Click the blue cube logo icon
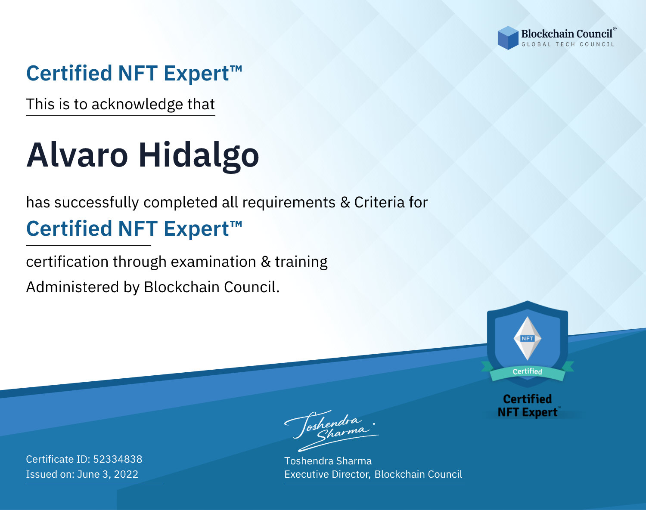[x=508, y=38]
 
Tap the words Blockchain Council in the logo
[x=567, y=34]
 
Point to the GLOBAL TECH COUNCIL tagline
[x=568, y=44]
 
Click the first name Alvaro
[x=77, y=155]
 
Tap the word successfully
[x=96, y=203]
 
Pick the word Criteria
[x=379, y=202]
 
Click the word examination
[x=213, y=262]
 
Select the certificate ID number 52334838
[x=118, y=459]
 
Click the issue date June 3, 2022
[x=108, y=474]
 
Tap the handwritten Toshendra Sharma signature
[x=332, y=430]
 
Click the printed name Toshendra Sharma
[x=328, y=461]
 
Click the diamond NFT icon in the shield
[x=528, y=338]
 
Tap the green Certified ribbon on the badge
[x=528, y=372]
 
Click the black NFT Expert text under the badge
[x=528, y=412]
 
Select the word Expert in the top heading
[x=196, y=74]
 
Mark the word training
[x=301, y=262]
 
